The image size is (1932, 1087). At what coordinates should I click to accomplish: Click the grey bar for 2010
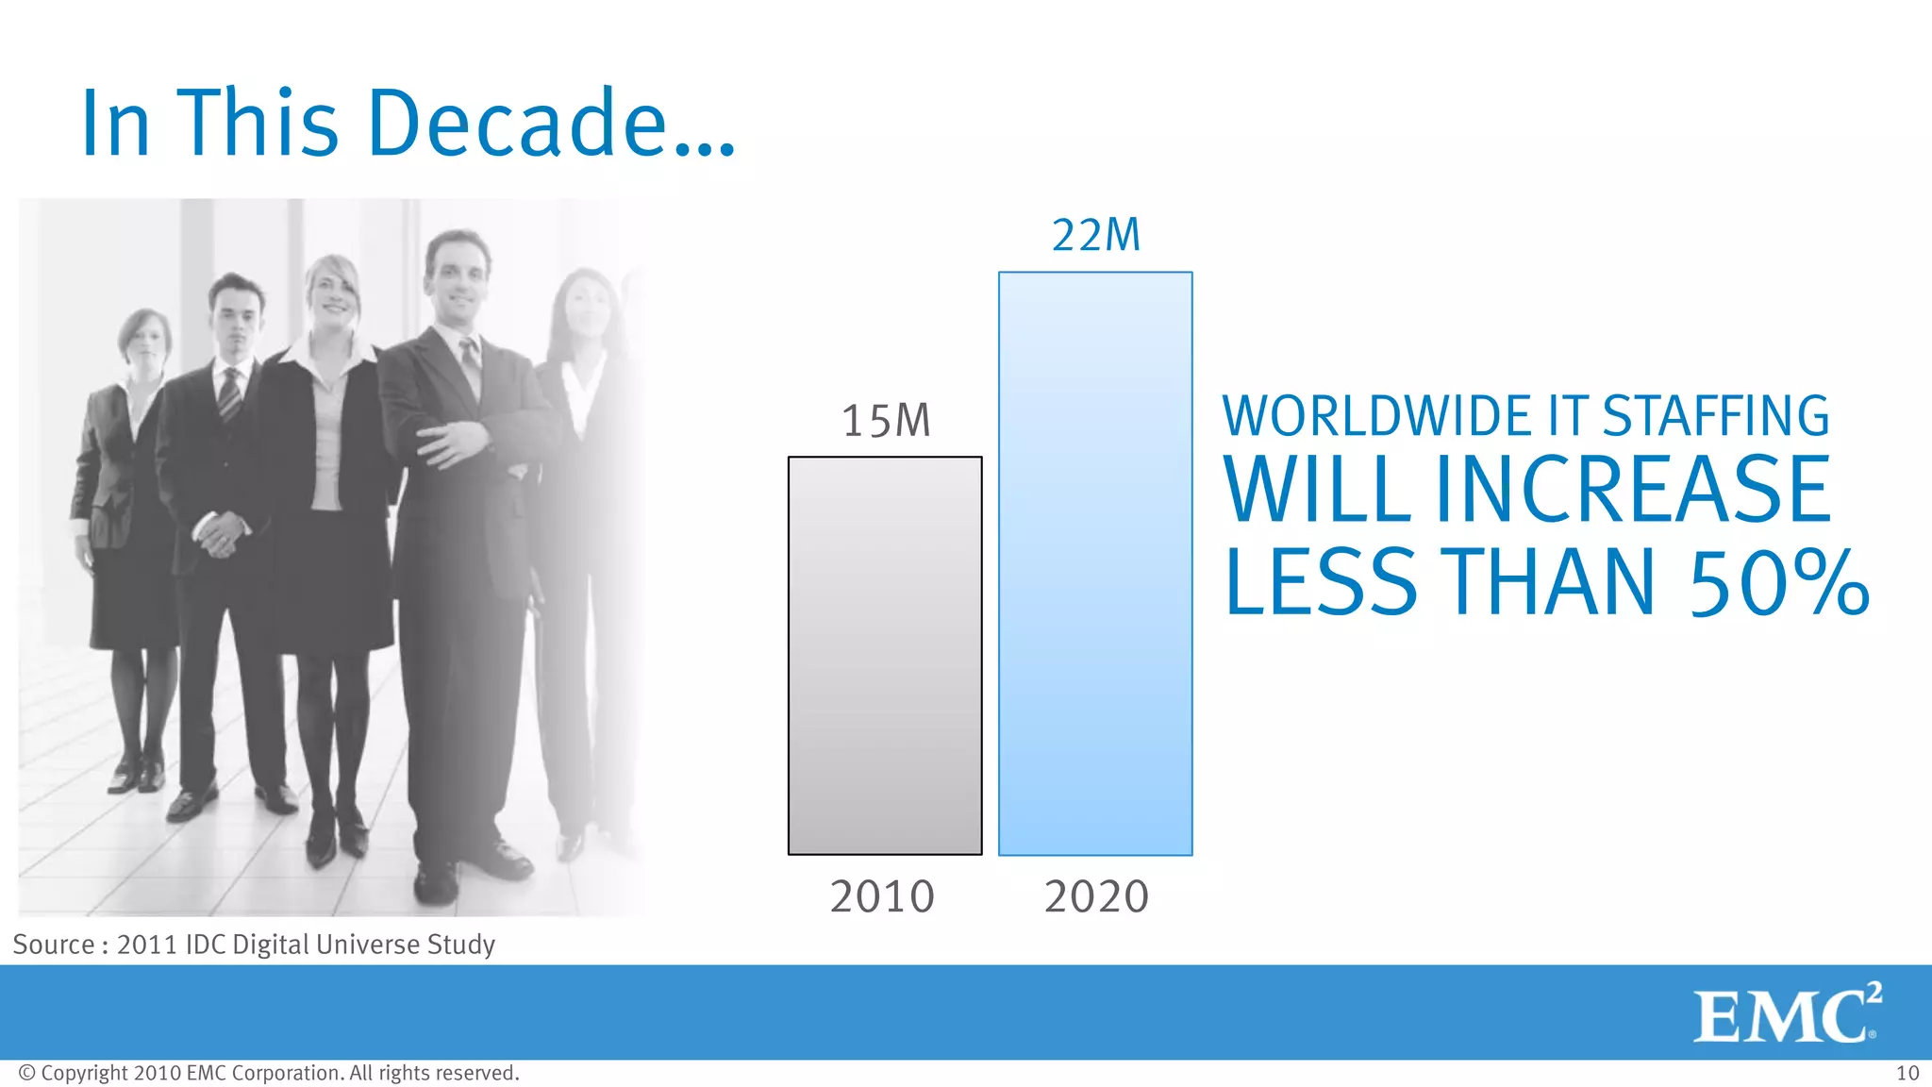tap(885, 656)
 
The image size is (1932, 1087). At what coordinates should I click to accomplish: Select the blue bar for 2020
tap(1095, 563)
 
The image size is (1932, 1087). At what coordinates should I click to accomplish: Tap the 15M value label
tap(886, 421)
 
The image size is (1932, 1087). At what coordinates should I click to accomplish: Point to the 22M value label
tap(1096, 235)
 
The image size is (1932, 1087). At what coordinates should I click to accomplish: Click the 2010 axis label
tap(882, 896)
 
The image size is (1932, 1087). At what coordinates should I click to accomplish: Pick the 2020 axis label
tap(1096, 896)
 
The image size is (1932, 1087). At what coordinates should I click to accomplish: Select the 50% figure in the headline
tap(1779, 584)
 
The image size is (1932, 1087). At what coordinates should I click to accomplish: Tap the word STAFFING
tap(1716, 416)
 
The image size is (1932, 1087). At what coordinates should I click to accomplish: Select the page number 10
tap(1907, 1073)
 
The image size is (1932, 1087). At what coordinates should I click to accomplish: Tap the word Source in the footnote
tap(54, 945)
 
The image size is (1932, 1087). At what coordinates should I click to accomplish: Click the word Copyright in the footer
tap(84, 1073)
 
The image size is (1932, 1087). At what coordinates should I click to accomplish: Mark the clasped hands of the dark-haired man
tap(221, 534)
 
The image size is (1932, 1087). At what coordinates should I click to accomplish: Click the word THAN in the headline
tap(1551, 584)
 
